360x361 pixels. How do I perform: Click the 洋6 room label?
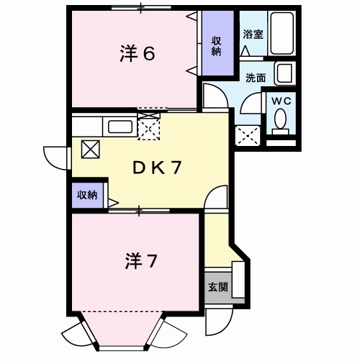coord(137,54)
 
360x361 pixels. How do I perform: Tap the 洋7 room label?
coord(141,261)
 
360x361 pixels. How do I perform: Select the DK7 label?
coord(156,168)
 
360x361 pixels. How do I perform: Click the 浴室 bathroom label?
coord(253,35)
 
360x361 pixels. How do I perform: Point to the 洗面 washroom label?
coord(256,78)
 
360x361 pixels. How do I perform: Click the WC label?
coord(282,101)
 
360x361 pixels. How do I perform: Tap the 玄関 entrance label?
coord(217,287)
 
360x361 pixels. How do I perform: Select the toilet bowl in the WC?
coord(280,122)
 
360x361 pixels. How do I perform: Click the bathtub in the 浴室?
coord(282,33)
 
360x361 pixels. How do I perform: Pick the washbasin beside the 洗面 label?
coord(285,73)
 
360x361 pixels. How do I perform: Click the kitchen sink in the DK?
coord(120,127)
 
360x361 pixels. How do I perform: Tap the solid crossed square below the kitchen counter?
coord(91,149)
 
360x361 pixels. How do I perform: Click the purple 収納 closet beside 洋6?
coord(217,43)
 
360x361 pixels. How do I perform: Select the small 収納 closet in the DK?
coord(87,196)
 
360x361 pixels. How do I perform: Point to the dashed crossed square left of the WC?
coord(248,135)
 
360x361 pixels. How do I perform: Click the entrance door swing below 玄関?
coord(219,320)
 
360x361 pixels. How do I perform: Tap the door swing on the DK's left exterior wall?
coord(56,158)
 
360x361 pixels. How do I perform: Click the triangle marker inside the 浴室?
coord(246,50)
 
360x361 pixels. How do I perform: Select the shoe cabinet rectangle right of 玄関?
coord(238,280)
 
